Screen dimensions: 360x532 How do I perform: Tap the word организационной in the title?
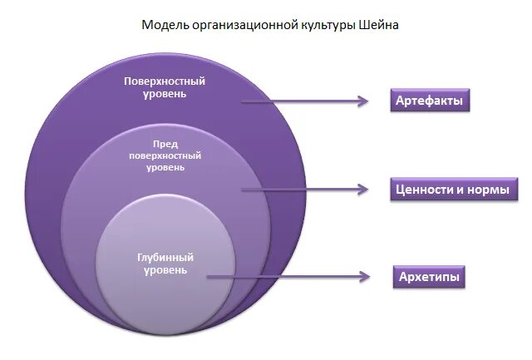[x=241, y=25]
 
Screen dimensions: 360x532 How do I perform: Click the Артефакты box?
[x=429, y=101]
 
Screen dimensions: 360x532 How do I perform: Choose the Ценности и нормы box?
[x=454, y=190]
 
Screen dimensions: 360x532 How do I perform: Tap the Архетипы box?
[x=428, y=276]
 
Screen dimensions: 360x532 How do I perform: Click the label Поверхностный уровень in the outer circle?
[x=164, y=87]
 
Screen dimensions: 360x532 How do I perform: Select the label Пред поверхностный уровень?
[x=165, y=155]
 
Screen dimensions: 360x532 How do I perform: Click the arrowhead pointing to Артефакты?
[x=362, y=101]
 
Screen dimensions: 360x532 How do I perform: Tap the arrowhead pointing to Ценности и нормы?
[x=362, y=190]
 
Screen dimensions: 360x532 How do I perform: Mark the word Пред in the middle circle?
[x=165, y=144]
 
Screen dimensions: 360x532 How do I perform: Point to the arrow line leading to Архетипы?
[x=283, y=276]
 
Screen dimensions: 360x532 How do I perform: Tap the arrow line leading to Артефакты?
[x=299, y=101]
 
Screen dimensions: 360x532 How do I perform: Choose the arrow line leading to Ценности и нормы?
[x=299, y=190]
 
